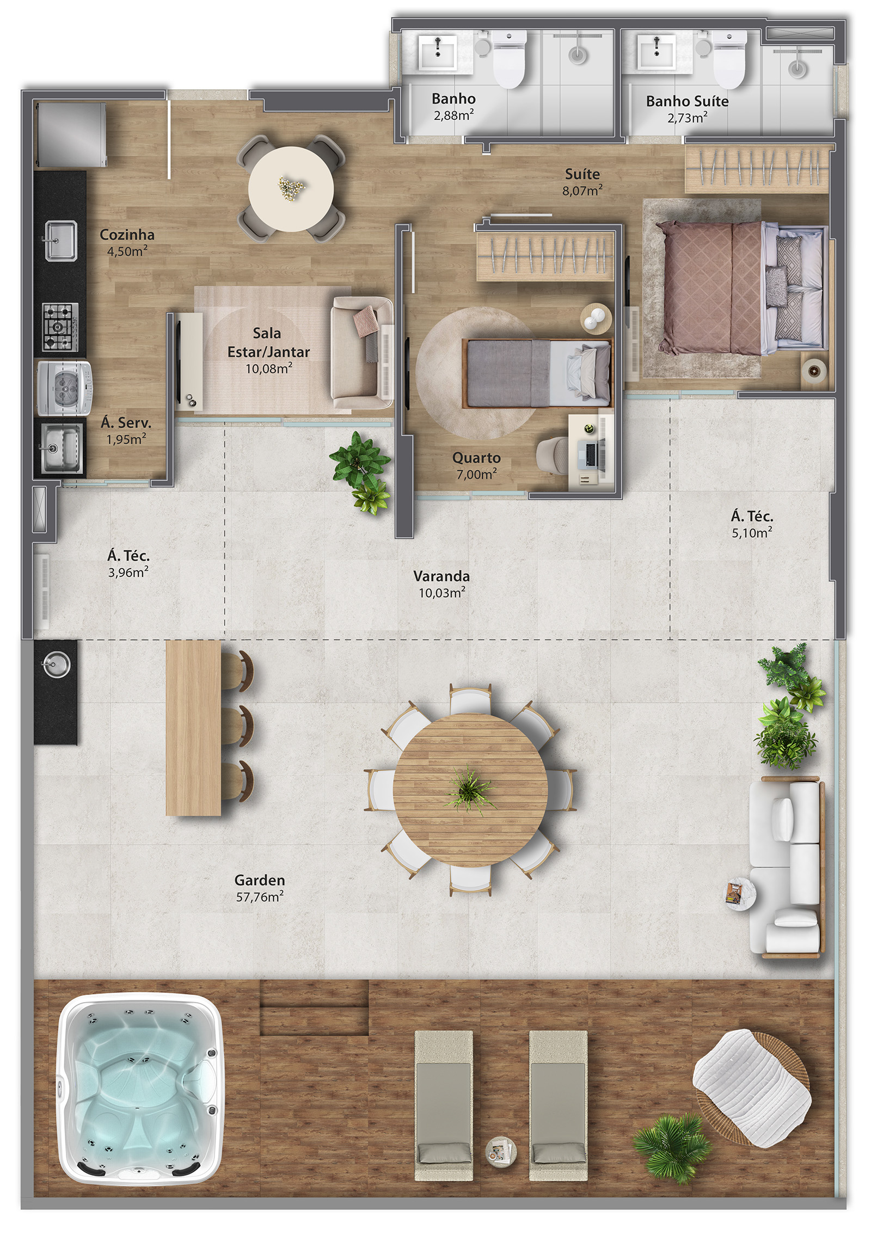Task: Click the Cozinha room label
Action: [127, 235]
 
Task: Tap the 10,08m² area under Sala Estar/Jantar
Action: [269, 368]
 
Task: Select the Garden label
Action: [260, 880]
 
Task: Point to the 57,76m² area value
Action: [260, 896]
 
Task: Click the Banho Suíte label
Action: [687, 101]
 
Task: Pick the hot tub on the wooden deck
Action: [140, 1087]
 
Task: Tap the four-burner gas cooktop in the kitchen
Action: [60, 327]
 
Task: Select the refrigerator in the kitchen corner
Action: [71, 134]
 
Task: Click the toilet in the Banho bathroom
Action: [509, 59]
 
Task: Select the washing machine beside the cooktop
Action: [64, 388]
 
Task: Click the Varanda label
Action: [441, 576]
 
